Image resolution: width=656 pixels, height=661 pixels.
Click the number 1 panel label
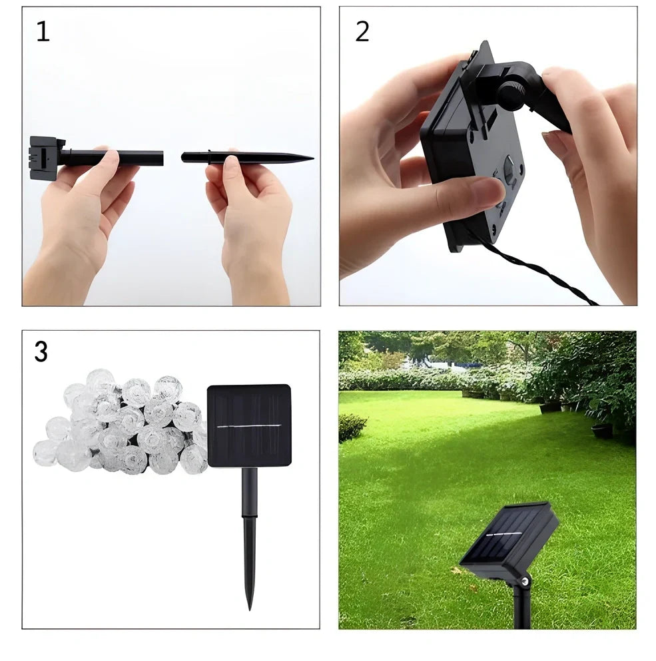point(43,31)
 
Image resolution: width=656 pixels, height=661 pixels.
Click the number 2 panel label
point(362,31)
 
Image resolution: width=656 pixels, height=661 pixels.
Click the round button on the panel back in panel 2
point(509,169)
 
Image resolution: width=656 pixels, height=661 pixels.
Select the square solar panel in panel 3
point(248,425)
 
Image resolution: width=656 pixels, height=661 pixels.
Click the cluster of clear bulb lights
point(120,423)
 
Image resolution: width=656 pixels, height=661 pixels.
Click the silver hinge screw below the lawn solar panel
point(526,582)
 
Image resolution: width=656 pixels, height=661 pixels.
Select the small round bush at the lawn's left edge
point(352,427)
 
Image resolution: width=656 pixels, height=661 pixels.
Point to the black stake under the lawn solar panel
point(521,609)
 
